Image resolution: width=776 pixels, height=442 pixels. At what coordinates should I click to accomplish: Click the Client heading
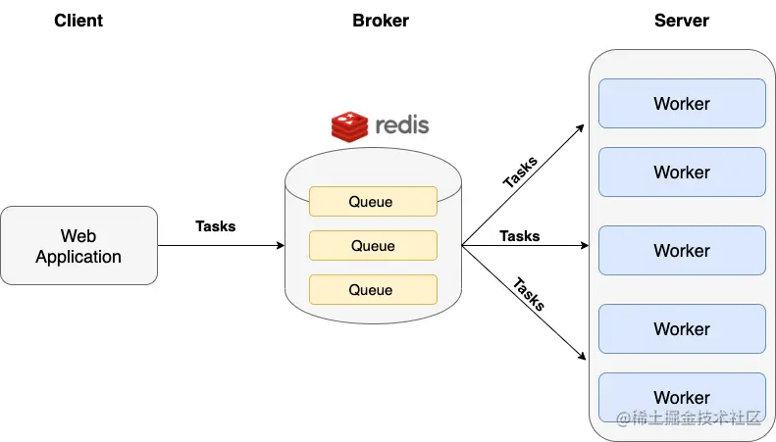79,21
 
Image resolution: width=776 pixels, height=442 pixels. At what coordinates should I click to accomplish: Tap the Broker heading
381,21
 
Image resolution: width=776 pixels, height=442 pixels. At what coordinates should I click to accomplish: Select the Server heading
681,21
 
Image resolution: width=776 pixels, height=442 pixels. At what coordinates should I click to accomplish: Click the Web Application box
78,246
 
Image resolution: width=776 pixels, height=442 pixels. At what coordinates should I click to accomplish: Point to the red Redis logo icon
349,126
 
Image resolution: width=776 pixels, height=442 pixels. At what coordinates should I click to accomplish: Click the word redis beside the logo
402,126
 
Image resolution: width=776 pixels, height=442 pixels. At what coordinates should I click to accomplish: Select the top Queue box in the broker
372,202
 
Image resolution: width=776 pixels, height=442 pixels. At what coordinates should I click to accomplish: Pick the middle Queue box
372,246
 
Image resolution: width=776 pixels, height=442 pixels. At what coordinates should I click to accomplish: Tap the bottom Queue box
372,290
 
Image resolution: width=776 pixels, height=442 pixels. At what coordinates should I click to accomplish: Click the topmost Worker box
681,104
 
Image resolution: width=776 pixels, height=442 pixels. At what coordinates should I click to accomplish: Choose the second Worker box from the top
681,172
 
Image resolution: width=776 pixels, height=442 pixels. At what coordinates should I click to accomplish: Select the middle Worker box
681,251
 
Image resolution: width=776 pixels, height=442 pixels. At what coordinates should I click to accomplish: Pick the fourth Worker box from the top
681,329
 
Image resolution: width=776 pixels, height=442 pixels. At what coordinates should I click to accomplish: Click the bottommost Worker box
681,397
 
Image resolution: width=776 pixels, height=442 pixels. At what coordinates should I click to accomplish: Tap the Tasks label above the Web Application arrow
216,226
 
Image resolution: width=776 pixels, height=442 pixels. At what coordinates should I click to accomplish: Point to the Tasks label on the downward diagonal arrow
529,294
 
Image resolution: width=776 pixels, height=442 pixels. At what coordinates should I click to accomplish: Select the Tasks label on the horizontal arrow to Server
520,236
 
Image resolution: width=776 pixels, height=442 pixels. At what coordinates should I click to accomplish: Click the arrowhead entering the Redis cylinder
280,246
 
